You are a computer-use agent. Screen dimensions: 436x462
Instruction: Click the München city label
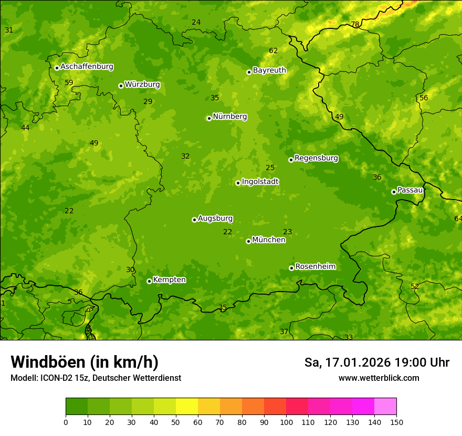coord(269,240)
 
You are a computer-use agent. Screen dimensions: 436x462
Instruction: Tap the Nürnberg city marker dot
coord(209,118)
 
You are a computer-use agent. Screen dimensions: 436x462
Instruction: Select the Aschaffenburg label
coord(87,67)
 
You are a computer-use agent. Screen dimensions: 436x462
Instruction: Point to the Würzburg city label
coord(142,85)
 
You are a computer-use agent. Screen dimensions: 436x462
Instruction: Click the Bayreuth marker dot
coord(249,72)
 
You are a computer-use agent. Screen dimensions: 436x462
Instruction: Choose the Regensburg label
coord(316,158)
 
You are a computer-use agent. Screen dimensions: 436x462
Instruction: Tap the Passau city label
coord(410,190)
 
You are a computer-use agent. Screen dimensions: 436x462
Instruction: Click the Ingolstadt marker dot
coord(238,183)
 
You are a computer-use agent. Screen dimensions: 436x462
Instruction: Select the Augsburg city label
coord(215,219)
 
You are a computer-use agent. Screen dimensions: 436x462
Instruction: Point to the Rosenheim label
coord(315,267)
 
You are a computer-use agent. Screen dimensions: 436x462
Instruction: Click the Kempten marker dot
coord(149,281)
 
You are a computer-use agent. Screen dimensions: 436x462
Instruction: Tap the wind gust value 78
coord(355,25)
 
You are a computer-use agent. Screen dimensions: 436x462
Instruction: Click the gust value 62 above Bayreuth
coord(273,51)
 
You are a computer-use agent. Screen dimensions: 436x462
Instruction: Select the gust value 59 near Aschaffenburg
coord(69,83)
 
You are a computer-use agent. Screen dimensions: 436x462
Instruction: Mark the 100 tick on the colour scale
coord(286,422)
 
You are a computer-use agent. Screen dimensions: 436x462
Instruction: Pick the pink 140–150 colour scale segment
coord(385,407)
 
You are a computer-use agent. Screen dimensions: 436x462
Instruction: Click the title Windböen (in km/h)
coord(85,362)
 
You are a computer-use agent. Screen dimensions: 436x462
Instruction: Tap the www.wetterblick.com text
coord(379,378)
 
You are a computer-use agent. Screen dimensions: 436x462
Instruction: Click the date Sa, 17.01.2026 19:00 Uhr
coord(376,362)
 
